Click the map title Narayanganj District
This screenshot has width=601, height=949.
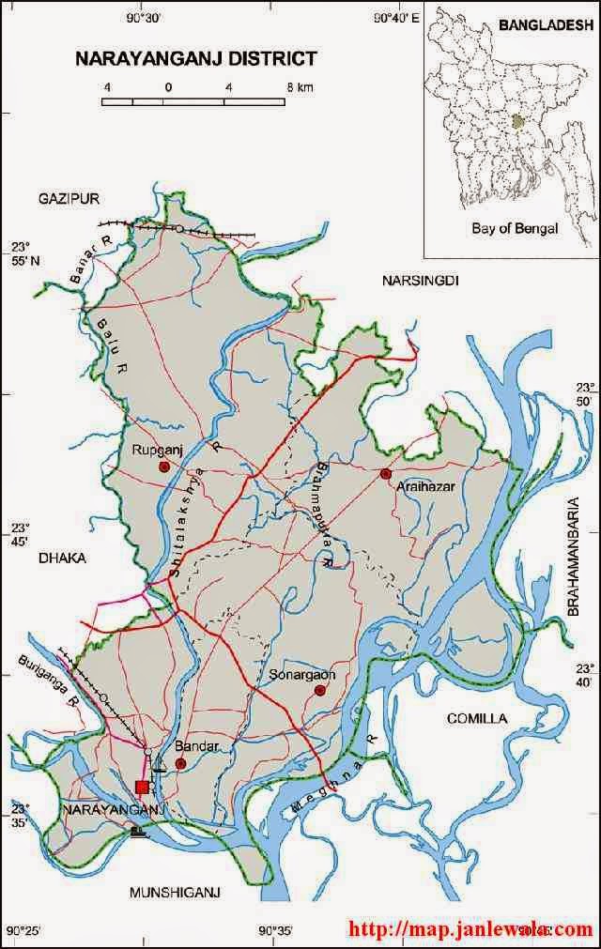coord(195,59)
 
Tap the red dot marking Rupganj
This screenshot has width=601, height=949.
coord(163,467)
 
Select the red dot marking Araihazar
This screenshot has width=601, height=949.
coord(385,474)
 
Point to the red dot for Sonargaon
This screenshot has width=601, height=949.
coord(319,691)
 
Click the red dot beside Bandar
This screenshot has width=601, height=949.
coord(180,763)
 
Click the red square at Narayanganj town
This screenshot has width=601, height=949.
coord(142,787)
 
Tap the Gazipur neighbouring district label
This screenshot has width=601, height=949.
coord(69,198)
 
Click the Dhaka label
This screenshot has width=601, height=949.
coord(62,558)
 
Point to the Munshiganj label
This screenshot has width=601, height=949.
coord(175,893)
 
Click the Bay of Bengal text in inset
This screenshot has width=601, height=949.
coord(515,228)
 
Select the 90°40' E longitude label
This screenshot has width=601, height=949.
coord(393,17)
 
